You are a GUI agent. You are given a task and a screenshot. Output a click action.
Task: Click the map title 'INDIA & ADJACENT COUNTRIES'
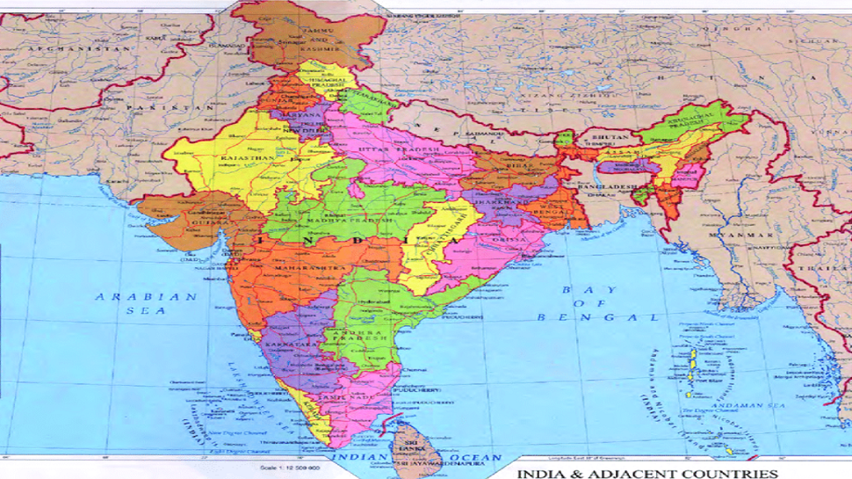(x=647, y=473)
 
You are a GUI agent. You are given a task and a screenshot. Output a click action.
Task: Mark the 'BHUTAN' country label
(x=613, y=138)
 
